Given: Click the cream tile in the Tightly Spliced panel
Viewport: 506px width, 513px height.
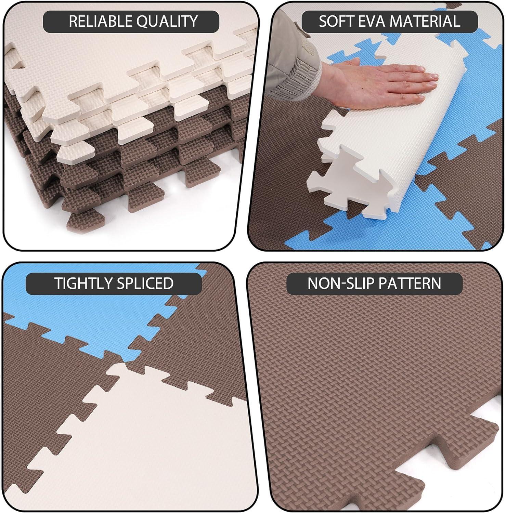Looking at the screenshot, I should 137,445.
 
